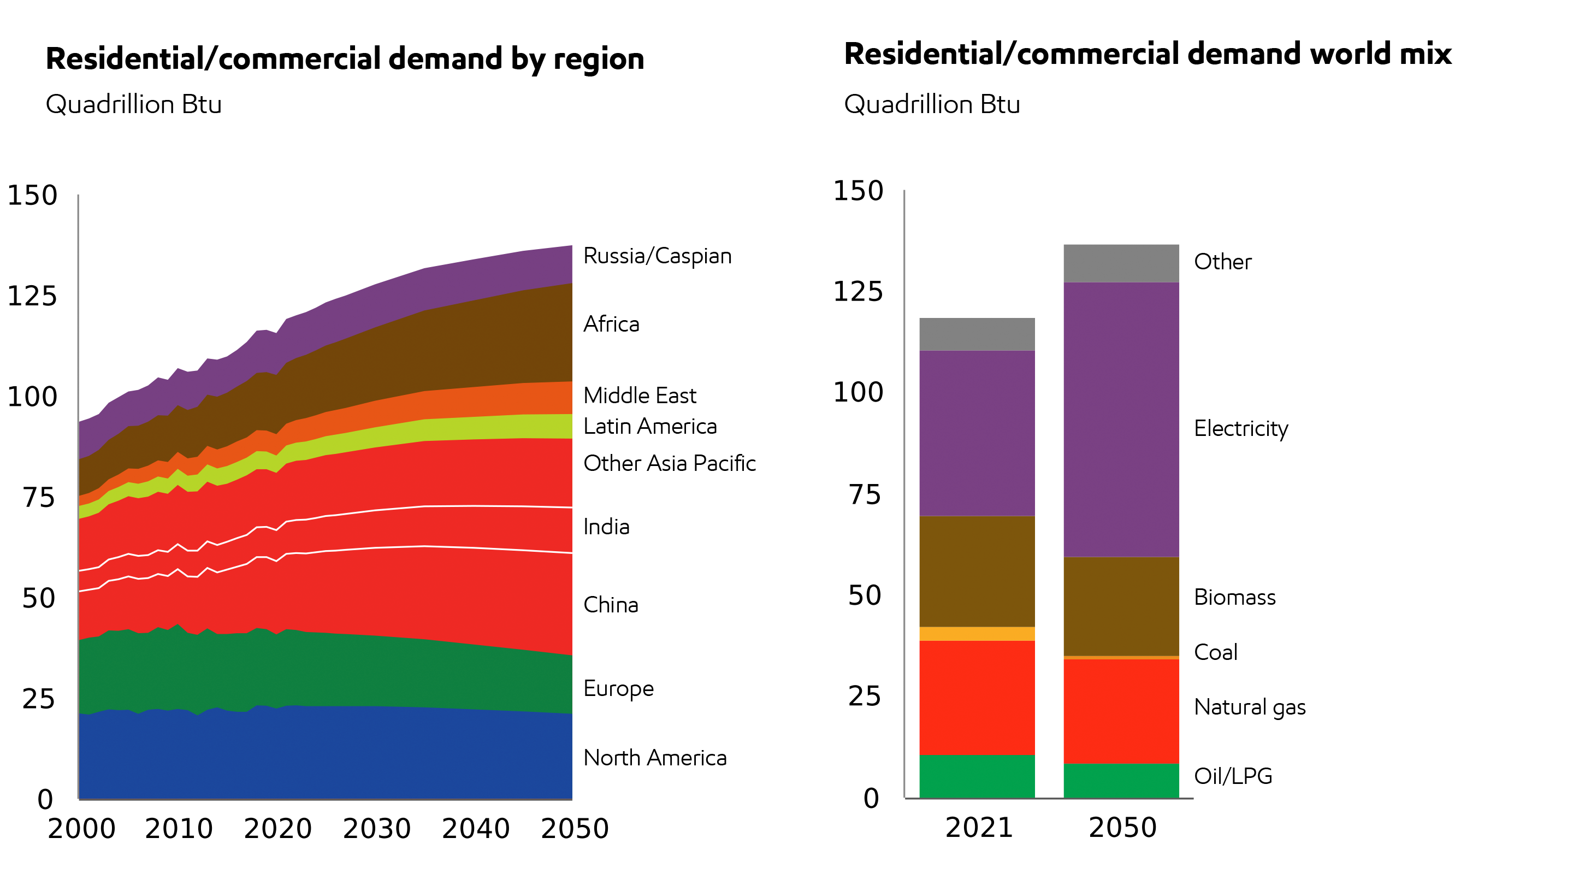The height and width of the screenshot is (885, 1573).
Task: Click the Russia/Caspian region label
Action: (x=657, y=256)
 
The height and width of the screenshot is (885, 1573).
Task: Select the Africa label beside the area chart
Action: (x=611, y=324)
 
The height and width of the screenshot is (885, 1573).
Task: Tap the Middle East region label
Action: (x=640, y=396)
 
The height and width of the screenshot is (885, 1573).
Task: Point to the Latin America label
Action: (x=650, y=426)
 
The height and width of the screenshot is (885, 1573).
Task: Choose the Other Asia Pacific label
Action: (x=669, y=464)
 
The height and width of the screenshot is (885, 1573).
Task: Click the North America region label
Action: (x=655, y=758)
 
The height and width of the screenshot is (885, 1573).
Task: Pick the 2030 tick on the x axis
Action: (x=377, y=829)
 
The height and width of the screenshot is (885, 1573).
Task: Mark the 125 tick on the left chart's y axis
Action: (x=32, y=296)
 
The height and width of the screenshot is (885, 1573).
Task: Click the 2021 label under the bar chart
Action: (x=979, y=828)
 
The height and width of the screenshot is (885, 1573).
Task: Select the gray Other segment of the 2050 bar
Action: (x=1121, y=263)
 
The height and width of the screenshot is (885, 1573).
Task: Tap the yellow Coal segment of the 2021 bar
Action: (x=977, y=634)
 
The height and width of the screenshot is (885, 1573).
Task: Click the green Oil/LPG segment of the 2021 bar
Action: (x=977, y=776)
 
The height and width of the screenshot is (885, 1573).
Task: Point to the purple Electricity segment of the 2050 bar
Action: (x=1121, y=420)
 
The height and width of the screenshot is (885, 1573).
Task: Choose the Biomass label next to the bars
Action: (x=1234, y=597)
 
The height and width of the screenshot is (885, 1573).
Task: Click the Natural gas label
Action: (x=1249, y=707)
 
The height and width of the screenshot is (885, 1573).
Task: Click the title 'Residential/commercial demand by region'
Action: (x=345, y=58)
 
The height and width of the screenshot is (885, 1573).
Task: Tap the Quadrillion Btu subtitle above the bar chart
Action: (x=932, y=104)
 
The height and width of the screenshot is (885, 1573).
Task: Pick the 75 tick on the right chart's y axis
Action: (x=865, y=495)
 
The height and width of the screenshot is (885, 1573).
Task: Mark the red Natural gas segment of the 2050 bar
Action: (x=1121, y=711)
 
